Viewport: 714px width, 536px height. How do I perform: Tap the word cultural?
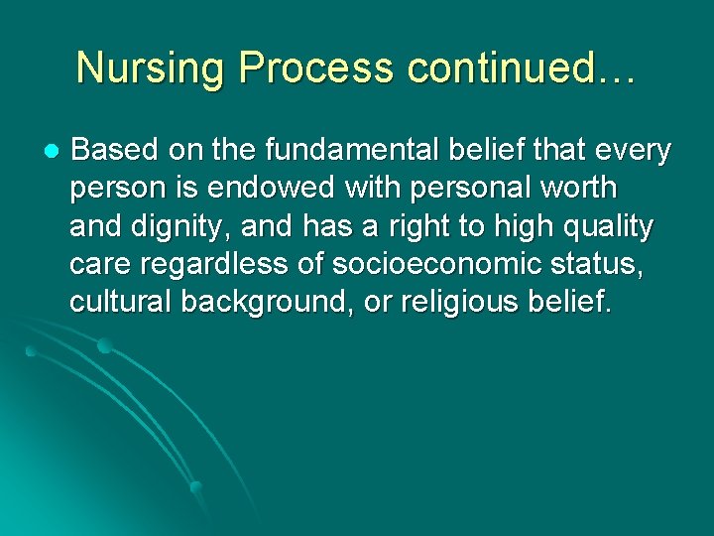point(120,303)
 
